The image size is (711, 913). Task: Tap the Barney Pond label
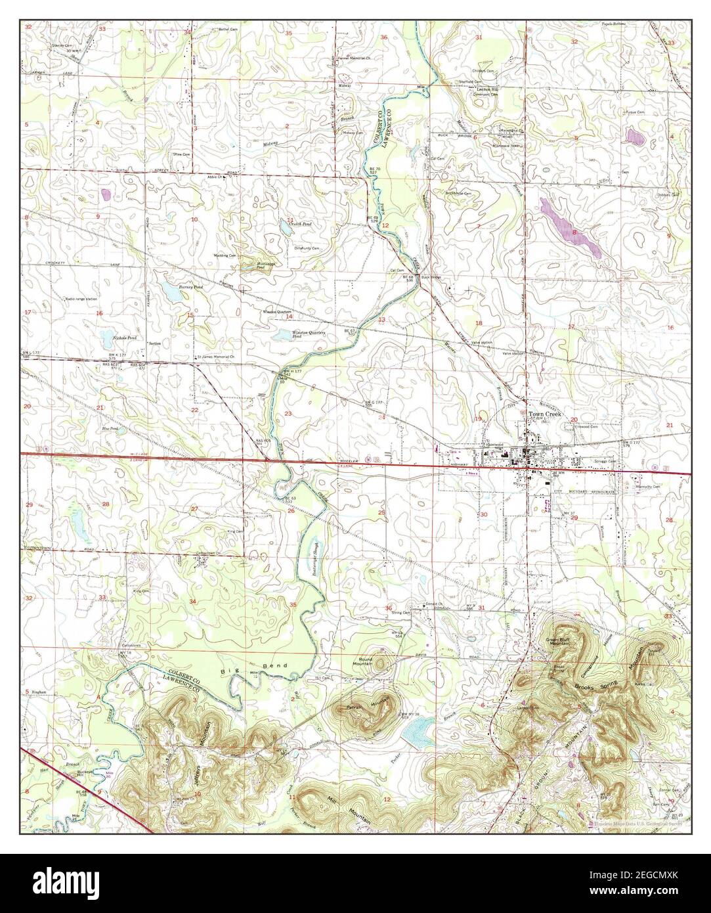coord(173,287)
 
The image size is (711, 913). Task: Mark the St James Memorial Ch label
coord(216,357)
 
